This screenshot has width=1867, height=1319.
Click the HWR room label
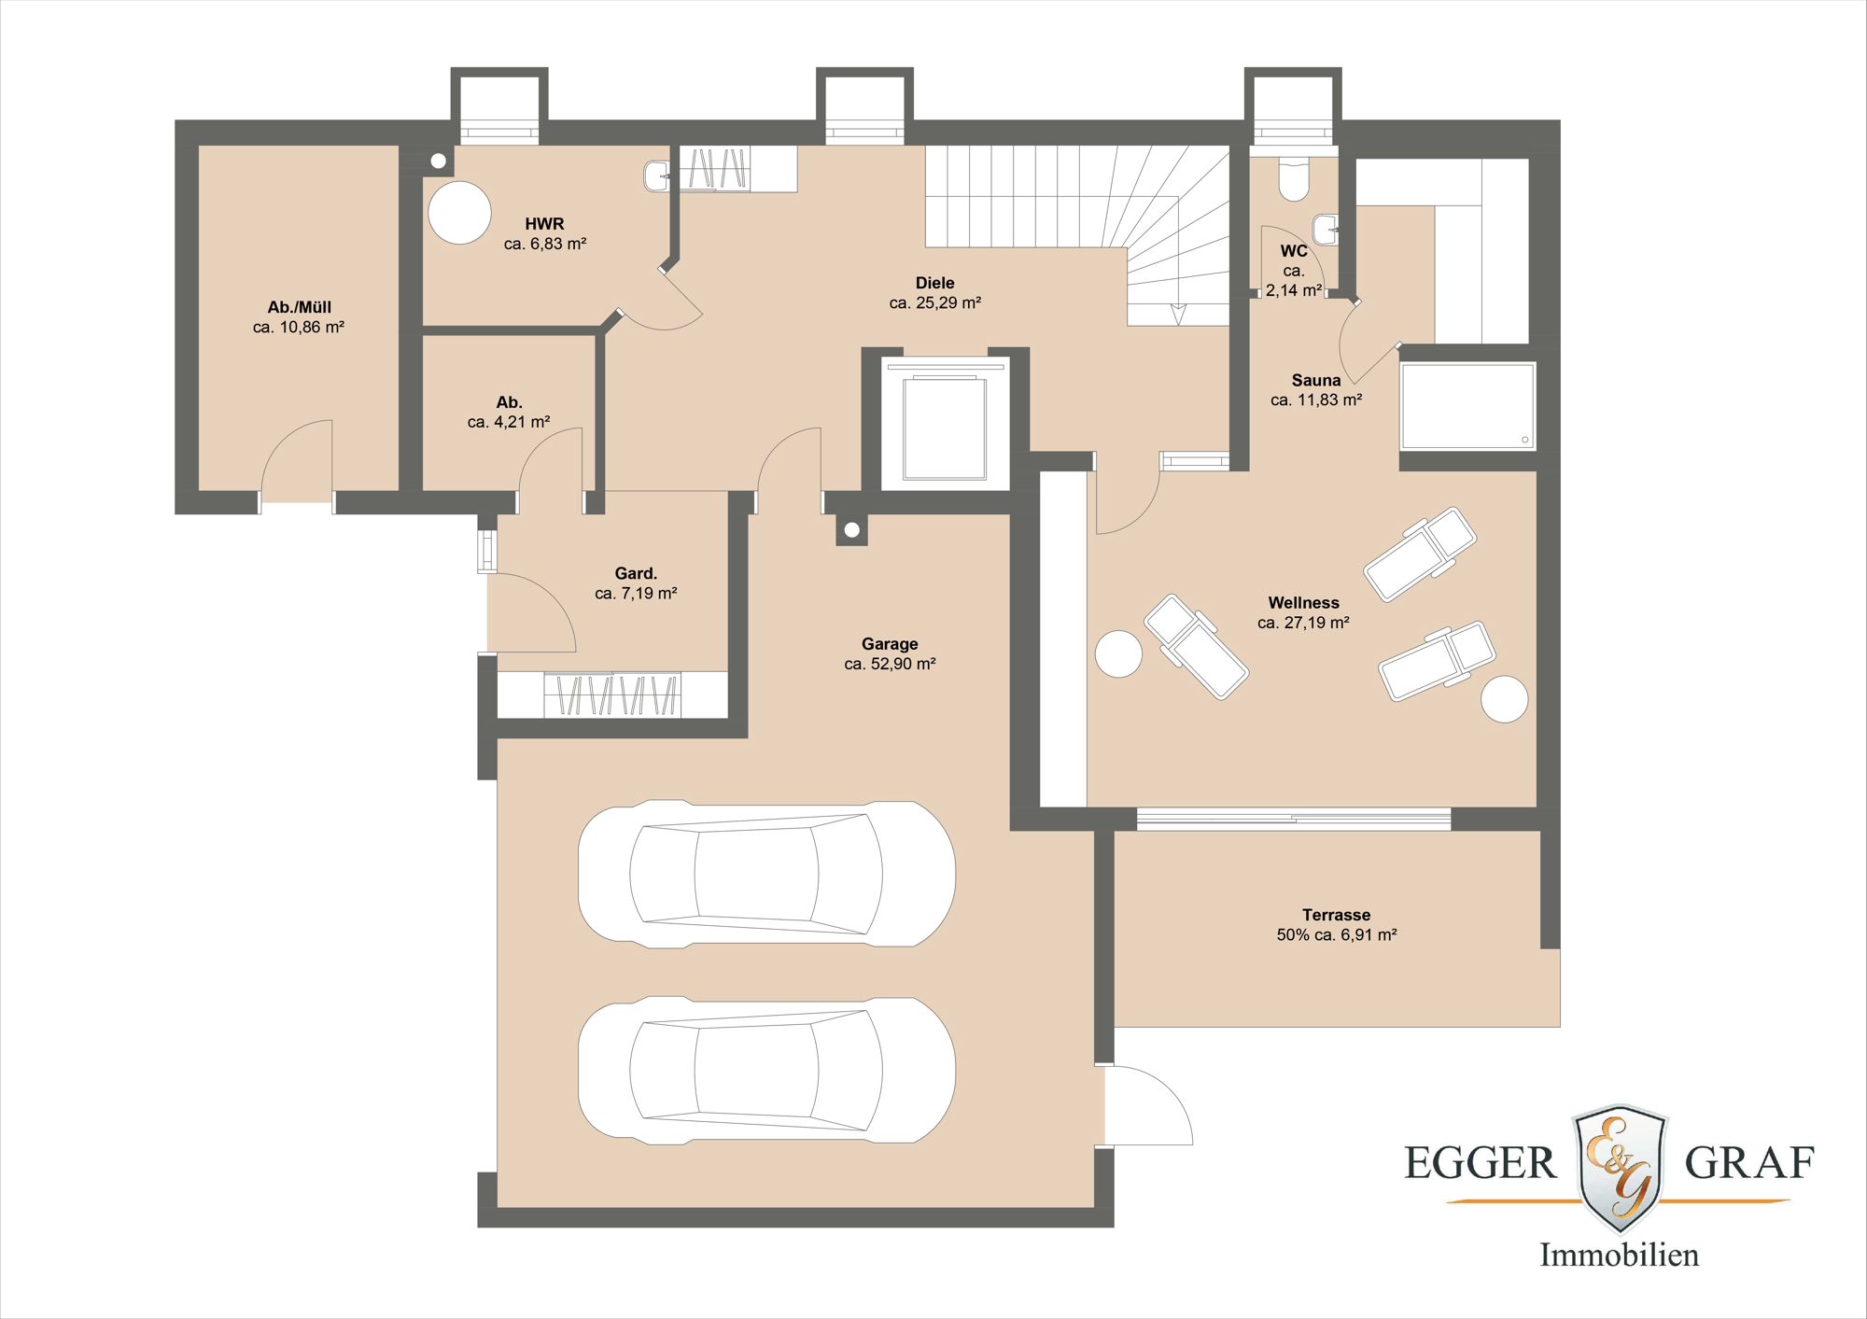coord(544,224)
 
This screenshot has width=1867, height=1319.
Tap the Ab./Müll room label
coord(299,307)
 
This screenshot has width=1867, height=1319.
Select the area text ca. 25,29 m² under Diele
coord(934,302)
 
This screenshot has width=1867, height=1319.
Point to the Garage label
coord(890,644)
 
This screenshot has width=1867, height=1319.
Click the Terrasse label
coord(1336,915)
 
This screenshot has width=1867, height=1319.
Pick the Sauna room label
coord(1316,380)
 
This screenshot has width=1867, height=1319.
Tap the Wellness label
coord(1303,603)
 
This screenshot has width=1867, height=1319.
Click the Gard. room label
coord(636,573)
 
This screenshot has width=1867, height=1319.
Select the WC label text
coord(1294,251)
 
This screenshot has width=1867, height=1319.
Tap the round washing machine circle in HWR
coord(459,213)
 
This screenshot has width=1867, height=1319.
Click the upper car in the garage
coord(766,875)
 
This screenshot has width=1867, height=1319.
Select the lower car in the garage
coord(766,1071)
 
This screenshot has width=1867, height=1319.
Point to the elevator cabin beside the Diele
coord(945,428)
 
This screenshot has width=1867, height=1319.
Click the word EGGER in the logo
coord(1481,1163)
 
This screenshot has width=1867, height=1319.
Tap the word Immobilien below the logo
coord(1619,1255)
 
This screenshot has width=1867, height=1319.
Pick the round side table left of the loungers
coord(1118,653)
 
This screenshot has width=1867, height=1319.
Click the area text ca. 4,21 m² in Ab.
coord(509,422)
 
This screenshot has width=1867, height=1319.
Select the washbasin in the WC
coord(1326,229)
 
